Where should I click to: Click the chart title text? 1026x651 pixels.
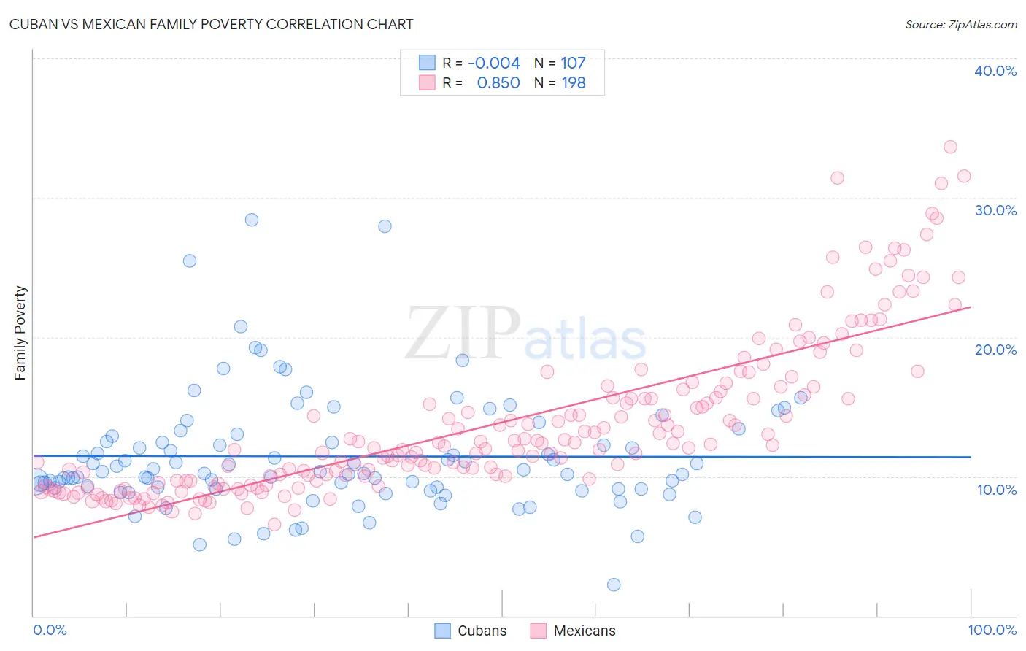(211, 24)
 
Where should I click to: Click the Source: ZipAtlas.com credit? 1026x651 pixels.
(960, 24)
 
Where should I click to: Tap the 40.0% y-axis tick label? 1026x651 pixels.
(995, 71)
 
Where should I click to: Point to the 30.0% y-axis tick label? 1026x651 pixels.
(995, 210)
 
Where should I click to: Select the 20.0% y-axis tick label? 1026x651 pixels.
(995, 350)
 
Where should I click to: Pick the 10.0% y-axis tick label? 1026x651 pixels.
(996, 490)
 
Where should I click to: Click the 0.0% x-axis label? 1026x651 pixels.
(50, 630)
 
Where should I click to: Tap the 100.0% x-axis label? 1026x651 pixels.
(992, 630)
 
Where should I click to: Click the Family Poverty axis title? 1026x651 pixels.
(20, 333)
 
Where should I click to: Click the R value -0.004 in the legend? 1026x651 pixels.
(494, 63)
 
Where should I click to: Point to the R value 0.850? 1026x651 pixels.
(498, 82)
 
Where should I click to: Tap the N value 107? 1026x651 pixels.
(573, 63)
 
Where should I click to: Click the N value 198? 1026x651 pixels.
(574, 82)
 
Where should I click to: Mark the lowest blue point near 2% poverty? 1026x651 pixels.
(614, 585)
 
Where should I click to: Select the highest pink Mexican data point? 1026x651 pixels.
(950, 147)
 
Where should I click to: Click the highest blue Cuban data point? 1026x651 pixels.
(252, 220)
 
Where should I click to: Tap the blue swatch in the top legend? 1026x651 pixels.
(427, 63)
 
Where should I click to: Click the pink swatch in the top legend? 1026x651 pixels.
(427, 82)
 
